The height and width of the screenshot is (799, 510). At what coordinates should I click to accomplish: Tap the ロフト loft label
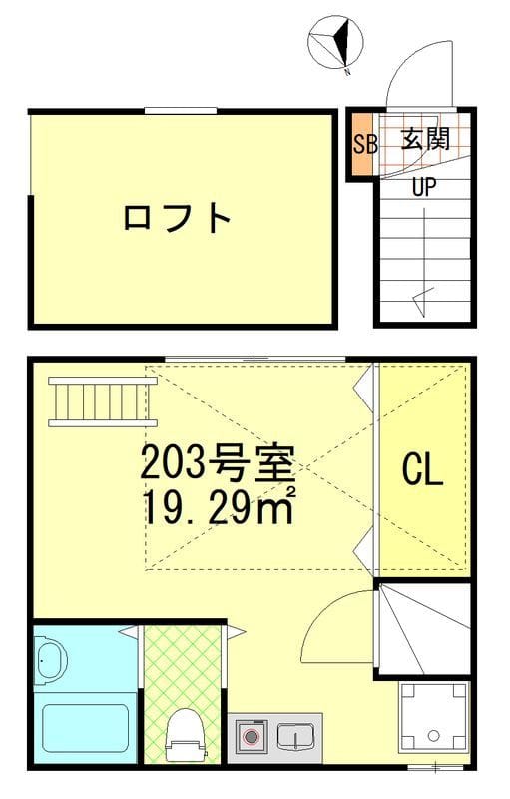pyautogui.click(x=177, y=218)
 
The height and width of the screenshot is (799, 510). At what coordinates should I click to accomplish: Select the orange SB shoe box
pyautogui.click(x=365, y=143)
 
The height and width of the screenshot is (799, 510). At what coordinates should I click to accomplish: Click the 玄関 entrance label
pyautogui.click(x=425, y=138)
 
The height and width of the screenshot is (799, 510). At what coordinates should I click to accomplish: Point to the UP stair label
pyautogui.click(x=424, y=187)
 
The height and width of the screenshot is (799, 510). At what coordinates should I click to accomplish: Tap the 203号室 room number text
pyautogui.click(x=218, y=463)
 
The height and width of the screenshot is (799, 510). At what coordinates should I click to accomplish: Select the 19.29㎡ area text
pyautogui.click(x=220, y=505)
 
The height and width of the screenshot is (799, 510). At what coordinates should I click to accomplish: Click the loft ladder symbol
pyautogui.click(x=103, y=402)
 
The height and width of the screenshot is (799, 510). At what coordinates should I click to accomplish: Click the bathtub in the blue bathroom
pyautogui.click(x=85, y=729)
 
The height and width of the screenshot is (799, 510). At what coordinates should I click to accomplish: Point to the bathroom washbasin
pyautogui.click(x=51, y=660)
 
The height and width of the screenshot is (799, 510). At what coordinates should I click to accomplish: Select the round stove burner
pyautogui.click(x=250, y=737)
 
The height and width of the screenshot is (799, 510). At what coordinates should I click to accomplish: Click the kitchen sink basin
pyautogui.click(x=295, y=736)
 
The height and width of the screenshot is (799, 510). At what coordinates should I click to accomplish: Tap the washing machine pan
pyautogui.click(x=432, y=717)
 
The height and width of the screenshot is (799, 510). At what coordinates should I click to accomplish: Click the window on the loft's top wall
pyautogui.click(x=181, y=111)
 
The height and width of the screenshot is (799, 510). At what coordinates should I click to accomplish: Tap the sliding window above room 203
pyautogui.click(x=255, y=360)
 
